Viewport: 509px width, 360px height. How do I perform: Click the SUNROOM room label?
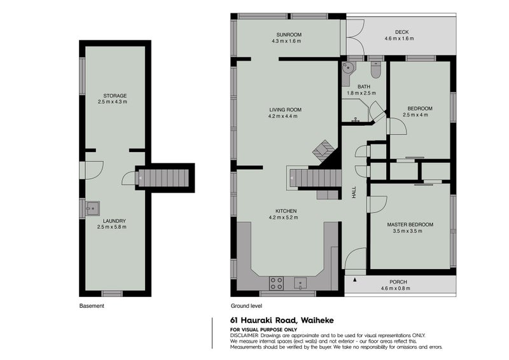point(289,34)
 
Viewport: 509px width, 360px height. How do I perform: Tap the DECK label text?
point(402,32)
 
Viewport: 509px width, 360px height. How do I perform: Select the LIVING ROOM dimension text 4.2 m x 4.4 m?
point(282,116)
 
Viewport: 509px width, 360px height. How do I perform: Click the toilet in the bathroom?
point(376,71)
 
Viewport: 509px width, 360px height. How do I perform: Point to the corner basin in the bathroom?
point(349,67)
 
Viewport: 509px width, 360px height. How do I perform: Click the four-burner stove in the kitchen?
point(276,283)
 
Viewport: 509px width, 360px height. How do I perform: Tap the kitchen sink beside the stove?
point(300,283)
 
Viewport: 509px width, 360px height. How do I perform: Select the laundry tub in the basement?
point(92,208)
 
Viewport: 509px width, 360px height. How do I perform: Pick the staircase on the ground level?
point(316,178)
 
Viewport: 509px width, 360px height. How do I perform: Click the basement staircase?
point(164,178)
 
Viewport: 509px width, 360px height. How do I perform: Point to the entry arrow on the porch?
point(355,279)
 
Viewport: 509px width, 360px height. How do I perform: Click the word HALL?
point(354,193)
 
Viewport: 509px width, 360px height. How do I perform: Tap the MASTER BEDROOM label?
point(410,225)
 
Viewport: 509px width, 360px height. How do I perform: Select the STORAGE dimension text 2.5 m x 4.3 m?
point(113,102)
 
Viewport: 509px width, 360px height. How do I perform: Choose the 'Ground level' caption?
point(246,306)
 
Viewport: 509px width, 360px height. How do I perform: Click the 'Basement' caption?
point(92,306)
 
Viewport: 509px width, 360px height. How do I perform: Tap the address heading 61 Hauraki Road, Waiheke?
point(282,321)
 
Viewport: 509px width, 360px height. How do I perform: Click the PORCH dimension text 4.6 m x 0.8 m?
point(395,288)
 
